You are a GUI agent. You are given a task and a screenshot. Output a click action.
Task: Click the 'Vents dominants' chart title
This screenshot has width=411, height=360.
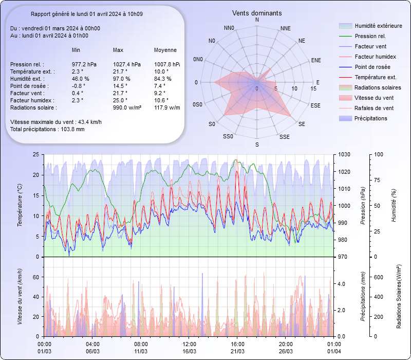point(257,13)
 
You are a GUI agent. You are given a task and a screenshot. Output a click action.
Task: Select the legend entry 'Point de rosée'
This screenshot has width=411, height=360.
point(372,67)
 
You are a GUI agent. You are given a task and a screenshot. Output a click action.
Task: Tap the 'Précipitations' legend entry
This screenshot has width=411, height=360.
point(371,118)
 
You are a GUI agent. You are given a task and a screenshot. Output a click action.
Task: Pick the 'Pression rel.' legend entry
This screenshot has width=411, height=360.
point(370,37)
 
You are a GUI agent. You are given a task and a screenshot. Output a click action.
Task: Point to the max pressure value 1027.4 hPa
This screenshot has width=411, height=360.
point(126,64)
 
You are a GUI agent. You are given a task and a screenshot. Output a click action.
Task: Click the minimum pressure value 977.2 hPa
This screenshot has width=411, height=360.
point(84,64)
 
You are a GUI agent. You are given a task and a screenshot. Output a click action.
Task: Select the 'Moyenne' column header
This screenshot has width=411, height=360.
point(165,50)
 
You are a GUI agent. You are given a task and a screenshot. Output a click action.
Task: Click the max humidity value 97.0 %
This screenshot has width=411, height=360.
point(122,79)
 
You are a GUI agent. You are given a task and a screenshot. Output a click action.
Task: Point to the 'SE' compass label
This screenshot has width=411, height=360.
point(302,124)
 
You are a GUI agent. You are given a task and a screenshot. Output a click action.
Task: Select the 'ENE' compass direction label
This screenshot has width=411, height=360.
point(316,60)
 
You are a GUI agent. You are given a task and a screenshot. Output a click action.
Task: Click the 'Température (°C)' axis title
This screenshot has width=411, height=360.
point(20,206)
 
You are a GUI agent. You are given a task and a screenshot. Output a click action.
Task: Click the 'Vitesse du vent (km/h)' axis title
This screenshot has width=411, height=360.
point(20,296)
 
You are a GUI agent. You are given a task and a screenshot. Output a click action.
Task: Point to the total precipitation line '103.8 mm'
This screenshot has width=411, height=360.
point(47,129)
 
